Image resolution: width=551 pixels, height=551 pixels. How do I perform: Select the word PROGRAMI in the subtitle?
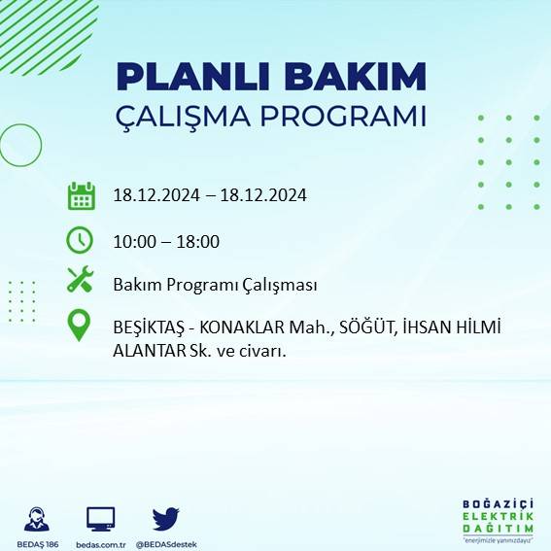[346, 116]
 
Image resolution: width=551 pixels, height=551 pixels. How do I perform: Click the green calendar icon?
[80, 195]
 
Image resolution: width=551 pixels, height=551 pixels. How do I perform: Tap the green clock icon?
[80, 239]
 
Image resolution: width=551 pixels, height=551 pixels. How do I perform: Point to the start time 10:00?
[134, 241]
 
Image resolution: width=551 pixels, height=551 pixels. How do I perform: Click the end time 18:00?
[197, 241]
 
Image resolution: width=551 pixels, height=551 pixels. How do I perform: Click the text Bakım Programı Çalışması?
[215, 285]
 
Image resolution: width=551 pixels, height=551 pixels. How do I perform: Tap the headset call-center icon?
[37, 517]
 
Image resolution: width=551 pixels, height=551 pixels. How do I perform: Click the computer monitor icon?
[101, 517]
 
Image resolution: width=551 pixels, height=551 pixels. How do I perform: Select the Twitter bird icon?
[165, 517]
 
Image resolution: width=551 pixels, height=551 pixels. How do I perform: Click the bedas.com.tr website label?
[101, 543]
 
